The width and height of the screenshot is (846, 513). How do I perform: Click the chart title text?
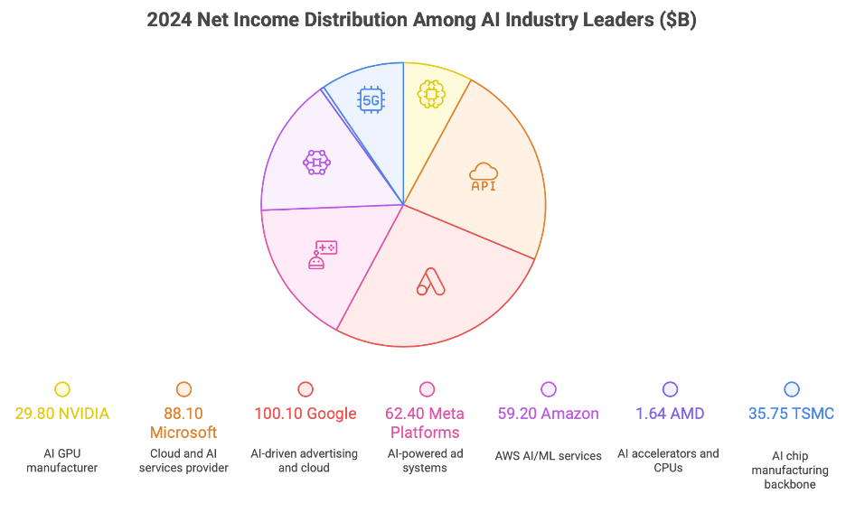(x=422, y=20)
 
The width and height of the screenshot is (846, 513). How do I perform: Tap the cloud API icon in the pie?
(x=484, y=176)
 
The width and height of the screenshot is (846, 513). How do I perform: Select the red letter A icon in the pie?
(x=431, y=282)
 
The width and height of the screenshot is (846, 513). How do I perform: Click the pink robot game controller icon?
(x=322, y=255)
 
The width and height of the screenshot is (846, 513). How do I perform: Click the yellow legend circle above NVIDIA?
(x=62, y=389)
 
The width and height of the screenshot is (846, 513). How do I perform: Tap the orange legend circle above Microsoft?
(x=183, y=389)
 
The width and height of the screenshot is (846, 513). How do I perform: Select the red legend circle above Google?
(x=305, y=389)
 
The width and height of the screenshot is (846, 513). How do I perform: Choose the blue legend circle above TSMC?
(x=792, y=389)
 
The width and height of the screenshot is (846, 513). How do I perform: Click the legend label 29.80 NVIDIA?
(x=62, y=414)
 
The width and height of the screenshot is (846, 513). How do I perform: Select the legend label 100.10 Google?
(x=305, y=414)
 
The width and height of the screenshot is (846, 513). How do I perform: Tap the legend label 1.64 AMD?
(x=670, y=414)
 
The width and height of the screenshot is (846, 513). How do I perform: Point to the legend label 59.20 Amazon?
(x=548, y=414)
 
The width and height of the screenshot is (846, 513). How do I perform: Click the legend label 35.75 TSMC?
(x=792, y=414)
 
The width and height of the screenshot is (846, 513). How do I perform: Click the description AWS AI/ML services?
(x=548, y=456)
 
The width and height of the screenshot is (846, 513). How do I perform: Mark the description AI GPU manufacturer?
(x=62, y=461)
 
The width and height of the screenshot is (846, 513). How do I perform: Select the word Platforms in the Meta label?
(x=427, y=433)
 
